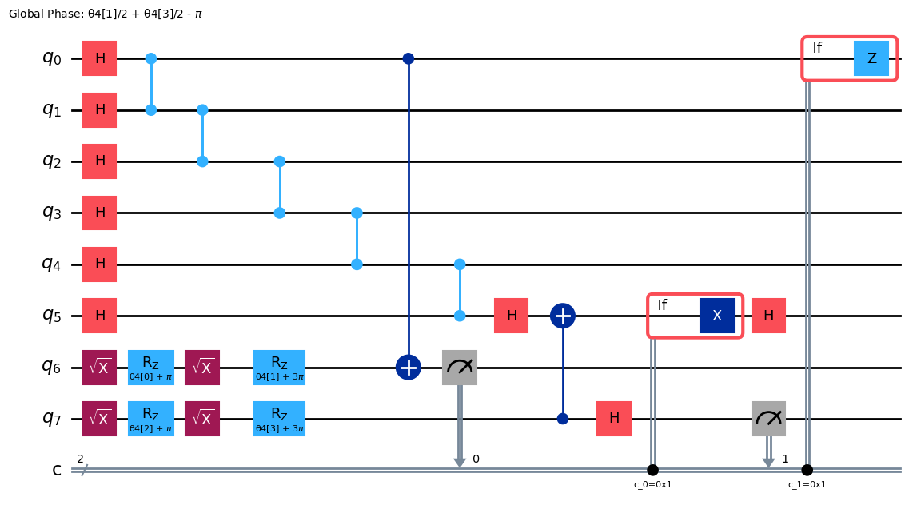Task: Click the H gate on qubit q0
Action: (100, 58)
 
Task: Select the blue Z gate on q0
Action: (871, 58)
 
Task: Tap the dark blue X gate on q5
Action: (717, 316)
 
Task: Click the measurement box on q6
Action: (460, 368)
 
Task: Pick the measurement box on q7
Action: (768, 419)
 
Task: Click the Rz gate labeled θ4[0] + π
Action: (151, 368)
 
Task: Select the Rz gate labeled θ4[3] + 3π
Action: (280, 419)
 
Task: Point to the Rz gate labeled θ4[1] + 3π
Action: (280, 368)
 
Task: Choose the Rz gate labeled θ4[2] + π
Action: (151, 419)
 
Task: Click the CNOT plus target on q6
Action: (409, 368)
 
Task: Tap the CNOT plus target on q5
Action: (563, 316)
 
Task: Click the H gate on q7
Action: (614, 419)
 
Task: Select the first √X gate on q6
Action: (100, 368)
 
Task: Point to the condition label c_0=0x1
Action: (652, 484)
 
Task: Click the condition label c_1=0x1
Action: (807, 484)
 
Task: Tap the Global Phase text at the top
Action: (106, 14)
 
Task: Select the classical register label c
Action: (57, 470)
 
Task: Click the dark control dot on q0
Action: (409, 58)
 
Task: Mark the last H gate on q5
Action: (768, 316)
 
